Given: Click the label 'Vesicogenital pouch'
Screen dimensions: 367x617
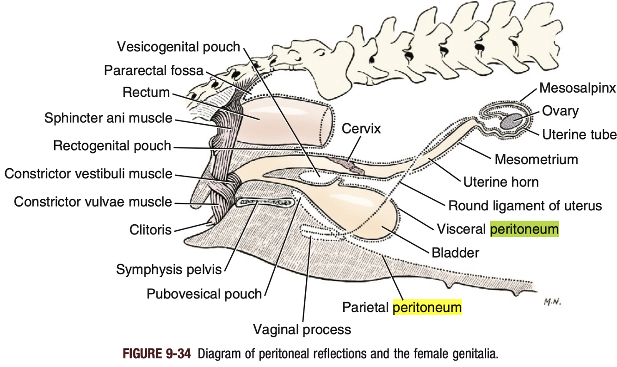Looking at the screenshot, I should click(179, 47).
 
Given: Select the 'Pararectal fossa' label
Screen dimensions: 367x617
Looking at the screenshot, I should click(154, 70).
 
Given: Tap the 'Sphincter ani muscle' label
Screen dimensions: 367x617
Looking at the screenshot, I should click(108, 118).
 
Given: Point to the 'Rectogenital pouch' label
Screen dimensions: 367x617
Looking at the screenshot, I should click(112, 146).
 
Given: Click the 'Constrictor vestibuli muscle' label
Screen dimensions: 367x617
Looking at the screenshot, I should click(88, 174).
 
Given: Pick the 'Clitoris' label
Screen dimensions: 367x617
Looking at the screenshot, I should click(151, 229).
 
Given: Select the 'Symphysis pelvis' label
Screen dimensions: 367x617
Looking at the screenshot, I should click(169, 269).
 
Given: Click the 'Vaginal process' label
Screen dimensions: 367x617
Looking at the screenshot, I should click(302, 330).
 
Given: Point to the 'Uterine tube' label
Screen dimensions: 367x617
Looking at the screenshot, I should click(580, 134).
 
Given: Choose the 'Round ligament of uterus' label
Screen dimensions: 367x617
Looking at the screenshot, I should click(525, 205).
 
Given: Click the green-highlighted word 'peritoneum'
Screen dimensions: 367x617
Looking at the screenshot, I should click(524, 229).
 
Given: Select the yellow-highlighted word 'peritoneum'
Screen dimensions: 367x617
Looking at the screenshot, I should click(427, 307).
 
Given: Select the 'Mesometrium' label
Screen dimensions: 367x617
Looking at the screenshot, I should click(536, 159).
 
